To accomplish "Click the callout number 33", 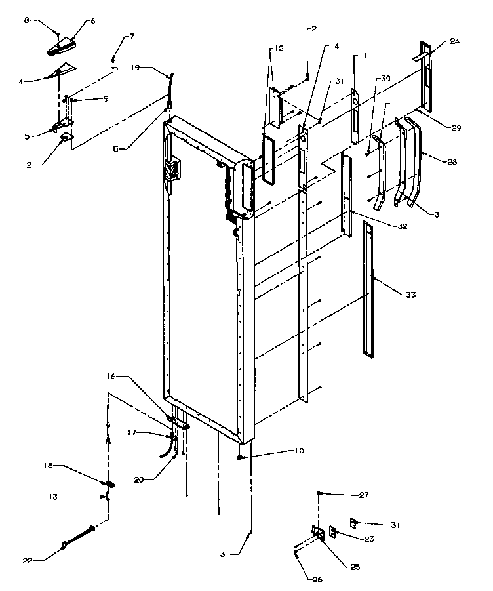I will [x=410, y=295].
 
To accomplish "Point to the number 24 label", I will [x=455, y=41].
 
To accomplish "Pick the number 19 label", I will [x=135, y=67].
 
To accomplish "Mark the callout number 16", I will [x=110, y=377].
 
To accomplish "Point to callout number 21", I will [x=316, y=29].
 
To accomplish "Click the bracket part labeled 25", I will [x=319, y=533].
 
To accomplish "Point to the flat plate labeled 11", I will [x=355, y=115].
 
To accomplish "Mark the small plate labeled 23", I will [x=333, y=531].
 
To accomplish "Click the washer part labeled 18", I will [x=109, y=484].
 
